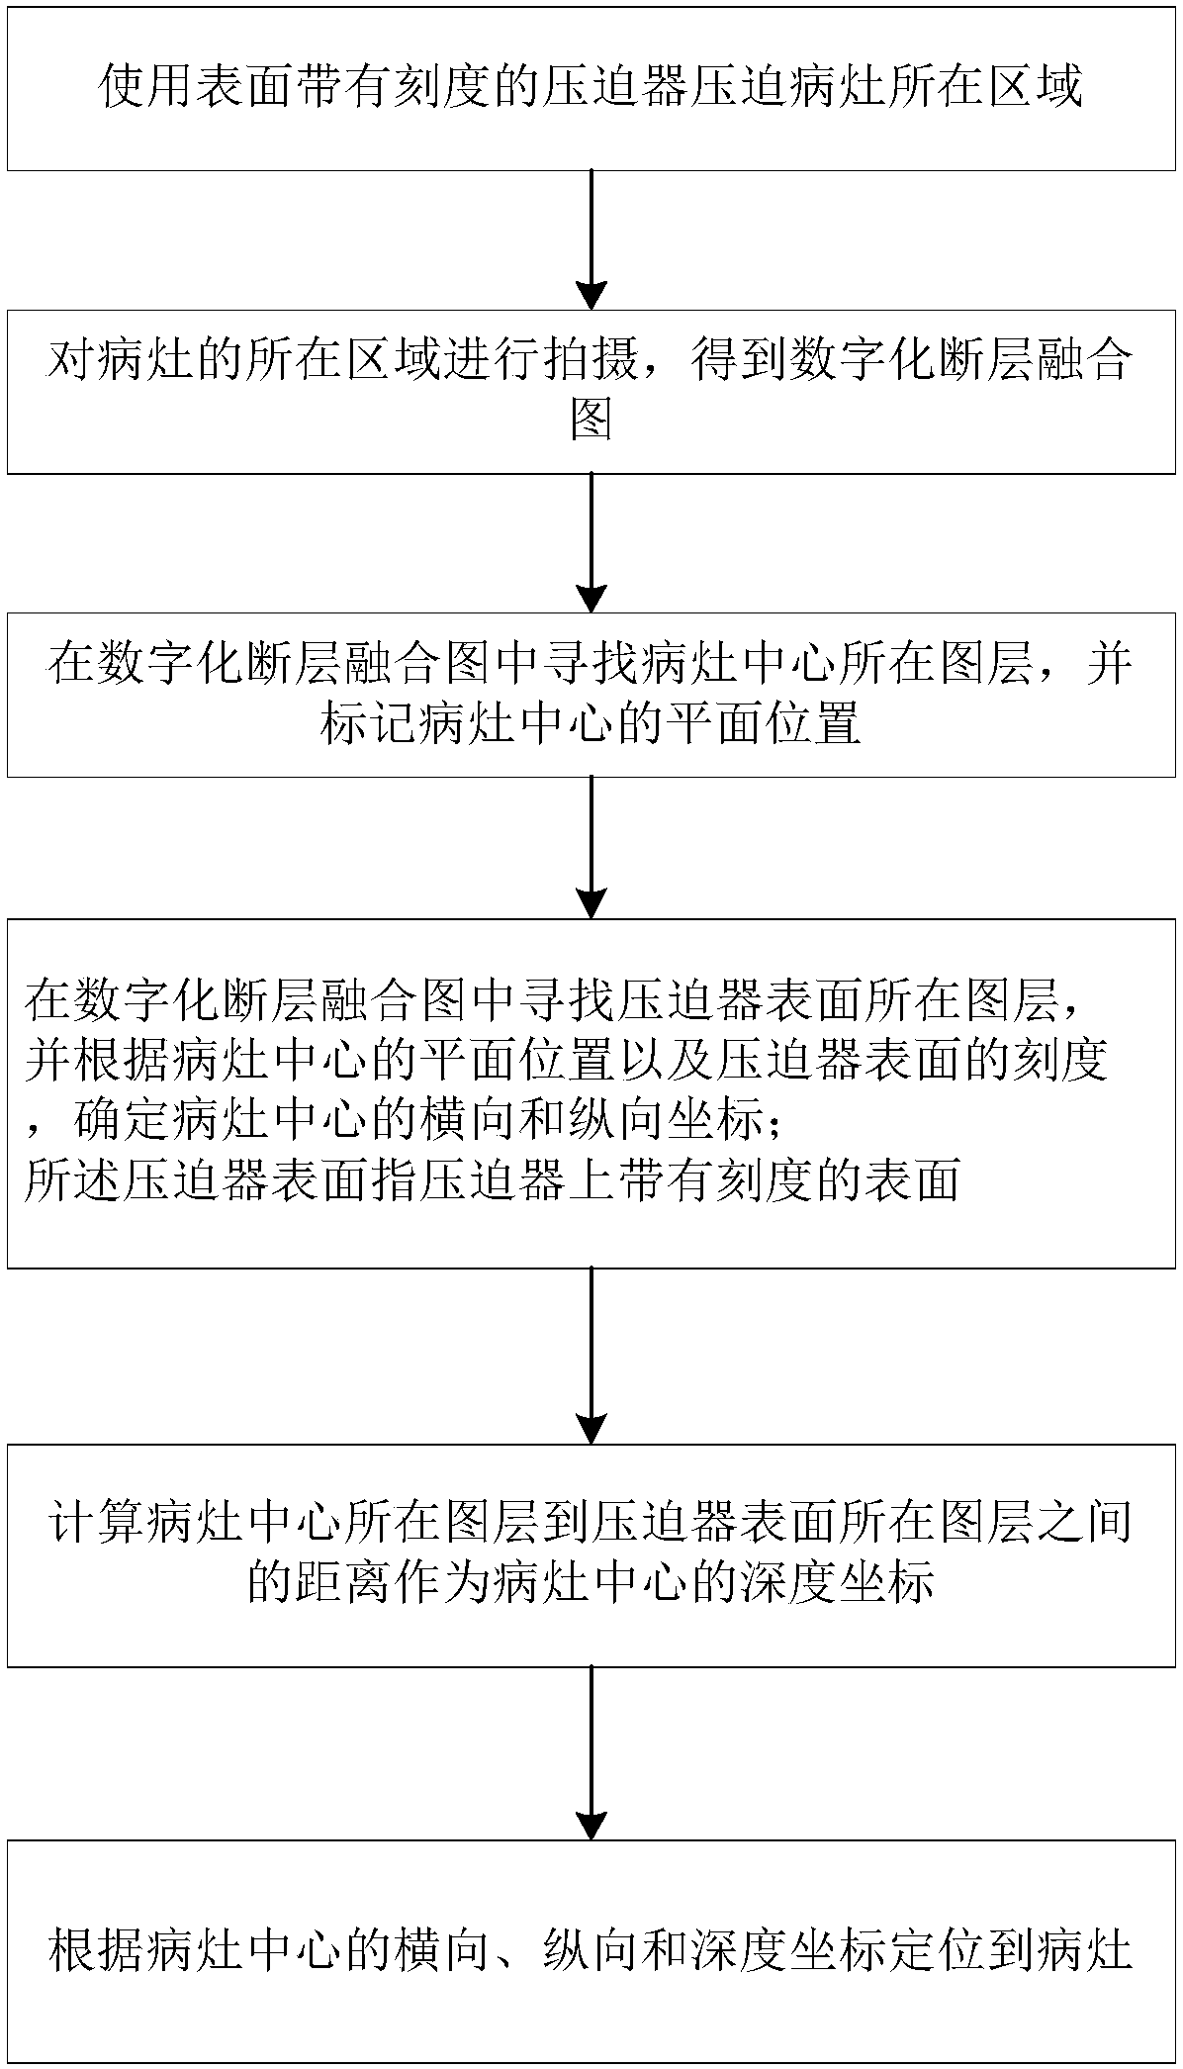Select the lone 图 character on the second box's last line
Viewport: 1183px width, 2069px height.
[591, 423]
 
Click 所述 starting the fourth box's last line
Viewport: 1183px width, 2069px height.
[72, 1180]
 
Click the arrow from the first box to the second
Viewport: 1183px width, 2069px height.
[591, 239]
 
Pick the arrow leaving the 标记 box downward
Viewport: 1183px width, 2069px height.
[591, 847]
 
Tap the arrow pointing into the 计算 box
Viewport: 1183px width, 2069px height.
[591, 1356]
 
